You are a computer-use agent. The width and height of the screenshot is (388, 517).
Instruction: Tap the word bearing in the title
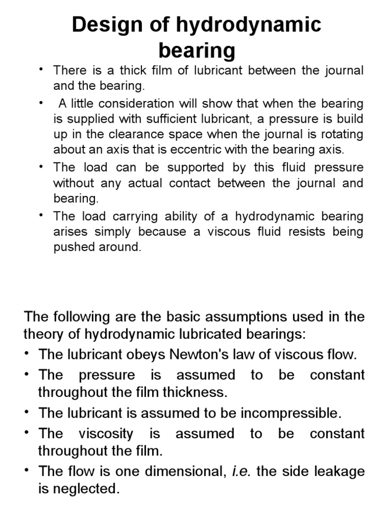click(x=197, y=50)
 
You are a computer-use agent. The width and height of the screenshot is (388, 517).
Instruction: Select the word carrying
click(x=138, y=217)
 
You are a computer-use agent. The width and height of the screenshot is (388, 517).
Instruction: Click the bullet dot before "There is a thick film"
click(x=43, y=69)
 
